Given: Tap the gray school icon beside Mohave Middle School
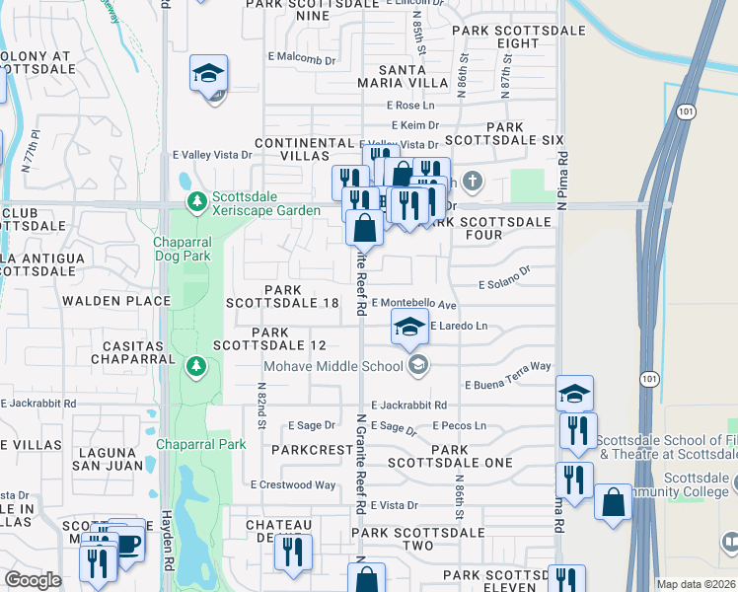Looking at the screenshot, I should [417, 366].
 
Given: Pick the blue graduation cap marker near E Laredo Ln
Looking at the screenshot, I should [409, 327].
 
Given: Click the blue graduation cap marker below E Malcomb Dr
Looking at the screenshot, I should [208, 74].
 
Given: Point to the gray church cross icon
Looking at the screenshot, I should [474, 181].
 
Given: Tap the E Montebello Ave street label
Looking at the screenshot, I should [414, 305].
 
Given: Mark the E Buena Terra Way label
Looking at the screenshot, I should [507, 367].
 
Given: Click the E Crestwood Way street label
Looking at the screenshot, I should [293, 484].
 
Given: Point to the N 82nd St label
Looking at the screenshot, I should [262, 405].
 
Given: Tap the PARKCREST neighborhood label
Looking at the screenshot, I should [312, 450].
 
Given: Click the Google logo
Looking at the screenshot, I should [33, 580].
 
